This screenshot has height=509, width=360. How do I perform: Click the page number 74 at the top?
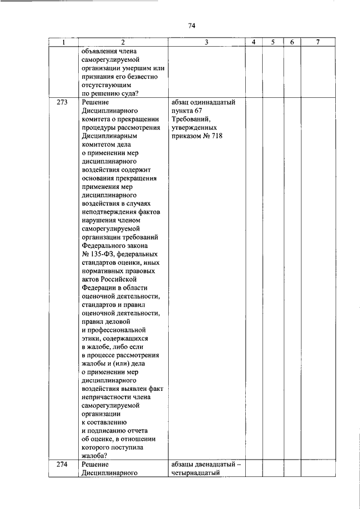click(x=191, y=26)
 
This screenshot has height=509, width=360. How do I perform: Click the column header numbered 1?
click(x=63, y=43)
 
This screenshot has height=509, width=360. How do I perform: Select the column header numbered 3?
click(x=206, y=43)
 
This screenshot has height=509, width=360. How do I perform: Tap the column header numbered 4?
click(x=254, y=43)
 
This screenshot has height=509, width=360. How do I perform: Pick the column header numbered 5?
click(x=273, y=43)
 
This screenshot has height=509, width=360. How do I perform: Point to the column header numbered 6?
click(x=292, y=43)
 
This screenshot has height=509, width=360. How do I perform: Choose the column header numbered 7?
click(x=318, y=43)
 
